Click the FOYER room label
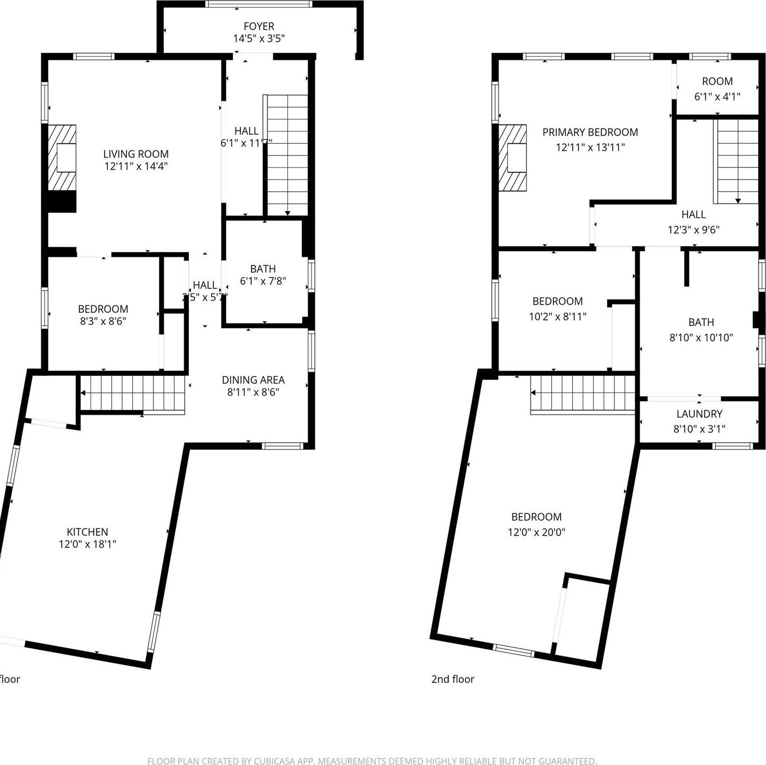click(258, 26)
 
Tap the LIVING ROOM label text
click(136, 154)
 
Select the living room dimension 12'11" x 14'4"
click(136, 166)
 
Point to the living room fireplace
click(63, 157)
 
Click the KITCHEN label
click(87, 532)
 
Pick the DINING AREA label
click(253, 380)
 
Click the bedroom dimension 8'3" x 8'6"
click(103, 321)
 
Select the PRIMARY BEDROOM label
click(590, 132)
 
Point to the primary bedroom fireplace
click(513, 157)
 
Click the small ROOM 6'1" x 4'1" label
click(717, 88)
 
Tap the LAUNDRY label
click(699, 414)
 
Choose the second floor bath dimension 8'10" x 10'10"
click(701, 337)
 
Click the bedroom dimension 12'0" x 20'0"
click(536, 532)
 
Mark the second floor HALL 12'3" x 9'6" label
click(693, 222)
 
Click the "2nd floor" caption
click(453, 679)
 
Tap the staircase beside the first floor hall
click(287, 155)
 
